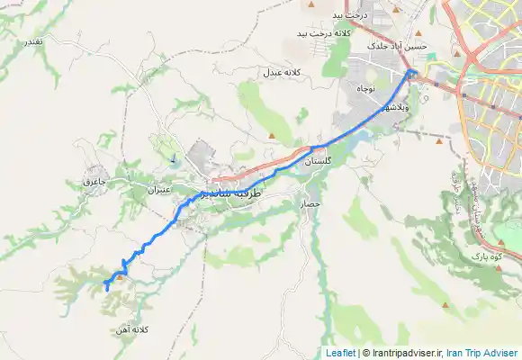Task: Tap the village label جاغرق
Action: (94, 182)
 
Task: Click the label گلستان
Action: (319, 161)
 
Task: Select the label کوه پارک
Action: (484, 256)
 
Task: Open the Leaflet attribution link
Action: (341, 353)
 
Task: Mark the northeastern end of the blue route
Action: (411, 72)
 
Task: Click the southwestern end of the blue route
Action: (106, 290)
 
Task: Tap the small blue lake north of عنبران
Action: (172, 159)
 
